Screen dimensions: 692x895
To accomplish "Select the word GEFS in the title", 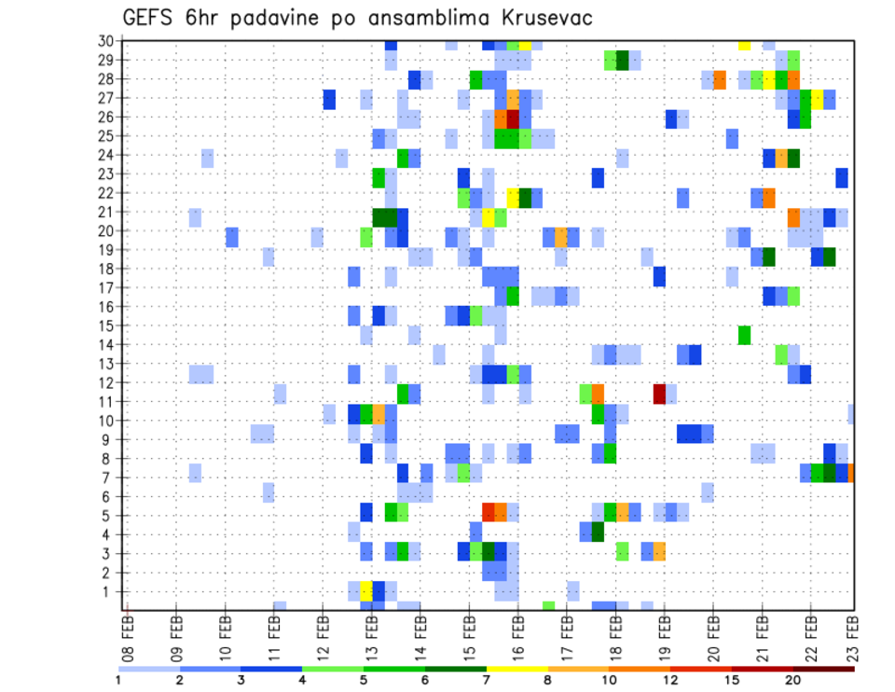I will click(x=153, y=18).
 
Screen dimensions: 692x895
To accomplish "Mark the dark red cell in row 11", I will click(x=659, y=394).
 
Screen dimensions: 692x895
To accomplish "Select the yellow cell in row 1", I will click(x=366, y=591).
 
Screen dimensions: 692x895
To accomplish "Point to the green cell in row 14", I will click(x=744, y=335).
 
